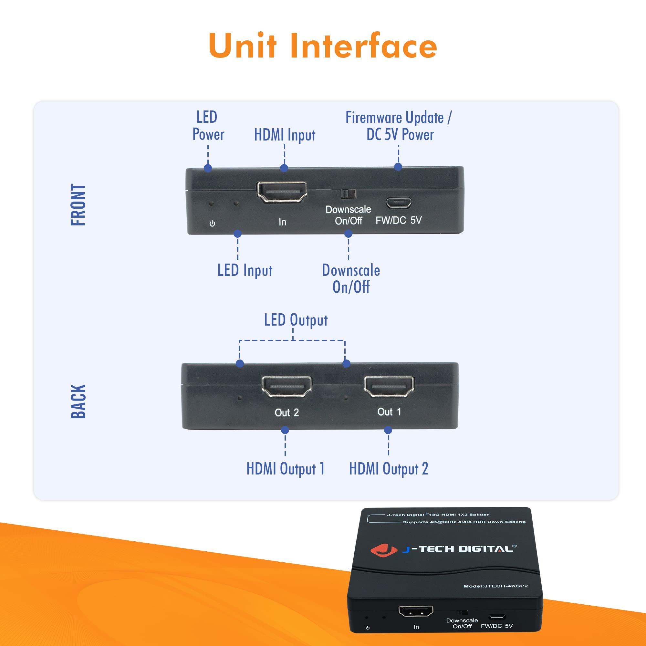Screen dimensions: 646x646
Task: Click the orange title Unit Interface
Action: click(x=323, y=46)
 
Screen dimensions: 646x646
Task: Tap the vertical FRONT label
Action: click(x=78, y=205)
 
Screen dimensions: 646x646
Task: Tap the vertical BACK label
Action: click(x=78, y=401)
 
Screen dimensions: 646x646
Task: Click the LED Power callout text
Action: click(x=208, y=126)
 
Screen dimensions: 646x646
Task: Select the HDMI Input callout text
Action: click(x=285, y=135)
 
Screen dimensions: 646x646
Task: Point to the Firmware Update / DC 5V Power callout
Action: click(x=399, y=126)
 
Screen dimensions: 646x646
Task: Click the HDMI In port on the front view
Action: click(x=282, y=192)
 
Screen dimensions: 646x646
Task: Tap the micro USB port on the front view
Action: click(x=399, y=202)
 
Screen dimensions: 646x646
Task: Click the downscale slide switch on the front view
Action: click(x=348, y=193)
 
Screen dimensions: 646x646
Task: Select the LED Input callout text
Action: click(x=245, y=270)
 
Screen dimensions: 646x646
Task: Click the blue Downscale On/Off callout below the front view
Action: click(x=351, y=278)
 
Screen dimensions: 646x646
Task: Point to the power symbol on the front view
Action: click(x=212, y=224)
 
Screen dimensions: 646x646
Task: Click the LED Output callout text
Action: click(x=296, y=320)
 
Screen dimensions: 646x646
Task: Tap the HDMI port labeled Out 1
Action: click(x=389, y=386)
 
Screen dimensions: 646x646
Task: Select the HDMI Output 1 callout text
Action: click(x=285, y=468)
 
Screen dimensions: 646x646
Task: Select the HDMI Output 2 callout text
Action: click(x=388, y=468)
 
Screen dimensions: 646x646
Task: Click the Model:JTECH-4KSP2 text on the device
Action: click(x=495, y=586)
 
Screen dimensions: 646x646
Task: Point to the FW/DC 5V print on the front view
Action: click(x=399, y=220)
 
